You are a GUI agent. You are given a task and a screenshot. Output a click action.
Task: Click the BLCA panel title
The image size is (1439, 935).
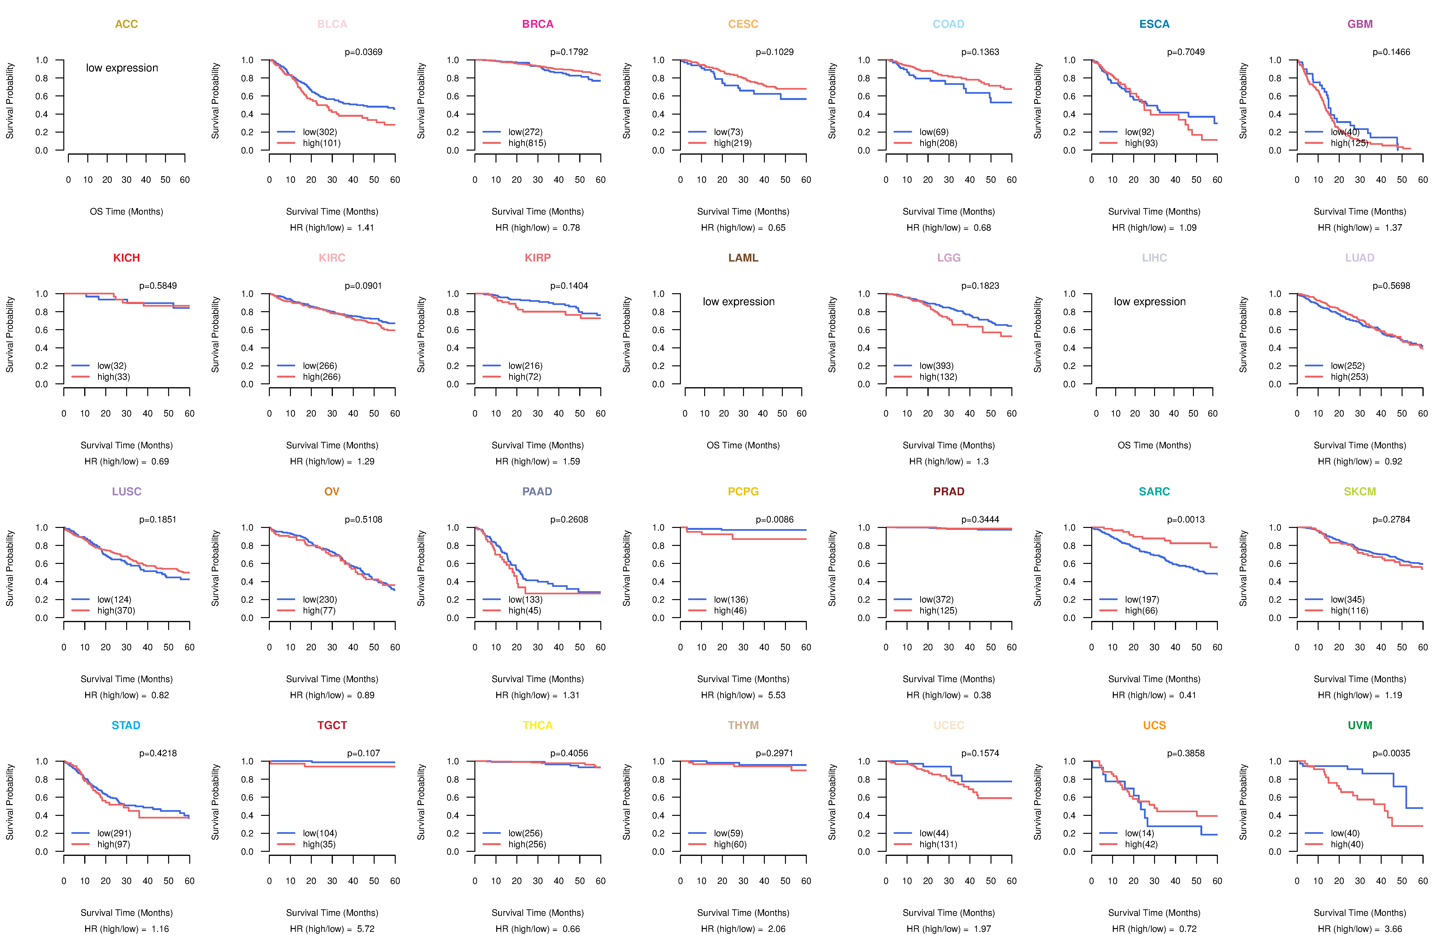332,24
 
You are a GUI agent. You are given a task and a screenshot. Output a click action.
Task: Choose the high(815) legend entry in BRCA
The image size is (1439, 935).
527,143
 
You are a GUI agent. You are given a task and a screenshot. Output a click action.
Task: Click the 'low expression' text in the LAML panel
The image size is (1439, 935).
738,302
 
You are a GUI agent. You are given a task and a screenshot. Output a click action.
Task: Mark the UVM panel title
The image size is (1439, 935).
1360,725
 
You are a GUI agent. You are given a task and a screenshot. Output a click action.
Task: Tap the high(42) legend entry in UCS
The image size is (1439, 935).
1141,844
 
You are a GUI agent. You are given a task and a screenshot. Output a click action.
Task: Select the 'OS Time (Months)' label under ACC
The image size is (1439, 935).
126,211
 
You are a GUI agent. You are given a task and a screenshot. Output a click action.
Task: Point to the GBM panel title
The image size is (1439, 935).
1360,24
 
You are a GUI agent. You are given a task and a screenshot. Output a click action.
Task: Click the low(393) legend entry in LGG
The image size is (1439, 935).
936,366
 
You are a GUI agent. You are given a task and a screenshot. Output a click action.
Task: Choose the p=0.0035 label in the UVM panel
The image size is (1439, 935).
1391,753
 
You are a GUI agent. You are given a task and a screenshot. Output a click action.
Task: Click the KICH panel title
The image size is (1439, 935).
126,258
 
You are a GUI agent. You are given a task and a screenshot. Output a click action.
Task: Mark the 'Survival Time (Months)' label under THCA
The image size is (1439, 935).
537,913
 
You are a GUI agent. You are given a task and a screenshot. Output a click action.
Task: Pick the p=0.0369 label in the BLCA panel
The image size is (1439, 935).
363,52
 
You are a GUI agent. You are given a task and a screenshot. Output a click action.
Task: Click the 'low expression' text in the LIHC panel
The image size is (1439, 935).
1149,302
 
